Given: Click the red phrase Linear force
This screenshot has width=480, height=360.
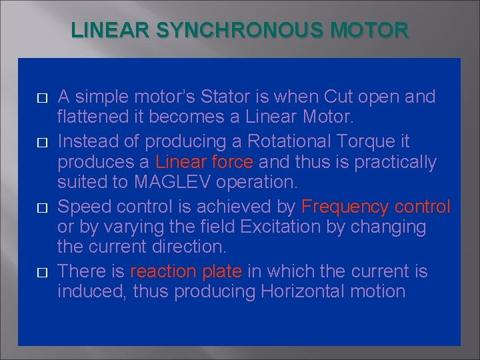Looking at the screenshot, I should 204,162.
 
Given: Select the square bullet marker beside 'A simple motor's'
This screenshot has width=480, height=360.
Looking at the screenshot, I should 42,98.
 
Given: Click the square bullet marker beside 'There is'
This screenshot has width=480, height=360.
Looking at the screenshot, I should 42,273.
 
